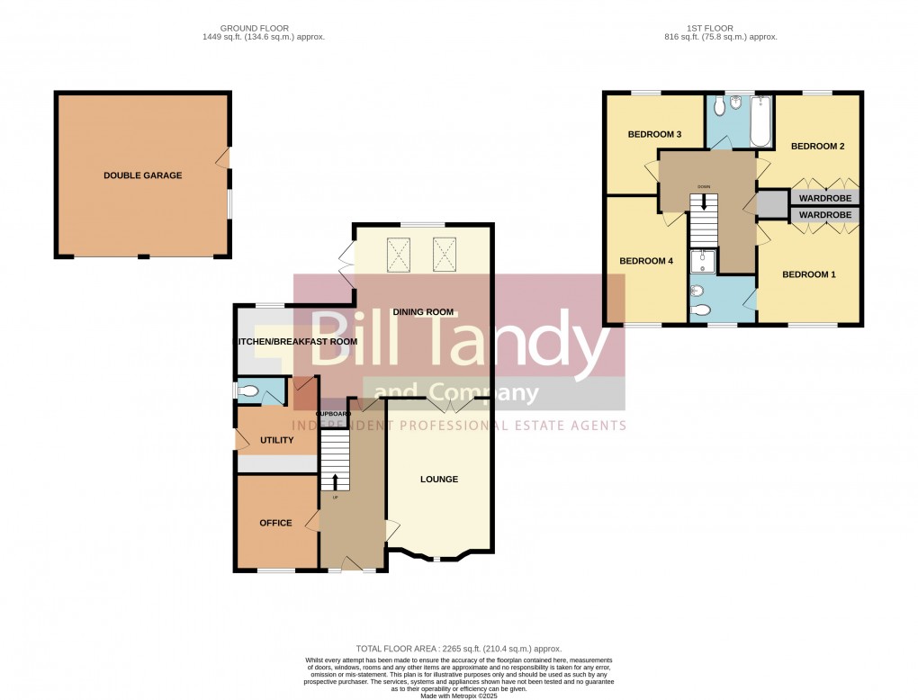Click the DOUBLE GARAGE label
142,175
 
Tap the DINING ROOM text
422,312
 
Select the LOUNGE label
438,480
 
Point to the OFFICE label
275,523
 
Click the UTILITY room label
276,440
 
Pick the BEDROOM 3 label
654,135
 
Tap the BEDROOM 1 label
808,274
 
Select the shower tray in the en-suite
702,262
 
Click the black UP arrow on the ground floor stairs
335,480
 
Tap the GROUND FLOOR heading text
254,29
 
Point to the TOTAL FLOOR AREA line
459,649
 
